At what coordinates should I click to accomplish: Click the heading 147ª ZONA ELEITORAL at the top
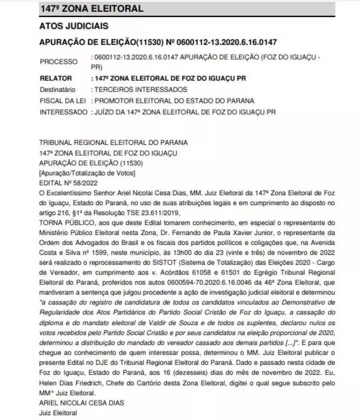point(91,8)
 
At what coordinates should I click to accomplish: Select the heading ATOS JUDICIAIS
point(74,26)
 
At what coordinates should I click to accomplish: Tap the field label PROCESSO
point(58,62)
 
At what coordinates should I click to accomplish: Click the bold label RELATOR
point(56,79)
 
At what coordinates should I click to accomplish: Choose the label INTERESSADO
point(64,112)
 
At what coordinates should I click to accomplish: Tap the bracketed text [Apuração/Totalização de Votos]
point(87,174)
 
